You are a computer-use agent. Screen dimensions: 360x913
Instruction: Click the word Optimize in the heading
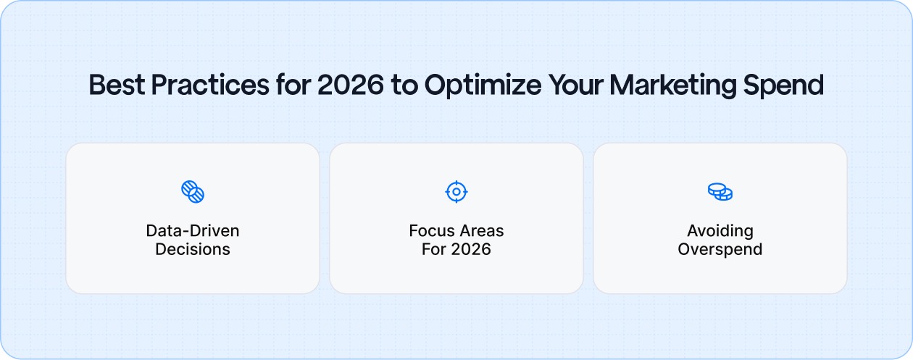click(482, 85)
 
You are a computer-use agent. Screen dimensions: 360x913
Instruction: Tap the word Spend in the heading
click(791, 85)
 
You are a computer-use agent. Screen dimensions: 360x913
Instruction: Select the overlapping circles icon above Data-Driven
click(193, 192)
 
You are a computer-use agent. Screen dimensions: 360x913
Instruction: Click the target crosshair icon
click(456, 192)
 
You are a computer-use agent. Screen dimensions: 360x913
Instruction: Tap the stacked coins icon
click(720, 192)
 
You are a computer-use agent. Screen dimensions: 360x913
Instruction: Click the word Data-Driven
click(193, 231)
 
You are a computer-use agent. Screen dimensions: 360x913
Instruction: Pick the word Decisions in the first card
click(193, 250)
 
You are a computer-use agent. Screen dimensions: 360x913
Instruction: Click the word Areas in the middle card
click(481, 231)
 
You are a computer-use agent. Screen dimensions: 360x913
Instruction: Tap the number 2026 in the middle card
click(470, 250)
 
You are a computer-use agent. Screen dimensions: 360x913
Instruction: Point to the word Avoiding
click(720, 231)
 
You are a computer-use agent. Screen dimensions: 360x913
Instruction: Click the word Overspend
click(720, 250)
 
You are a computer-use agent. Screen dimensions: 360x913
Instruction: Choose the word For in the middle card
click(434, 250)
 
